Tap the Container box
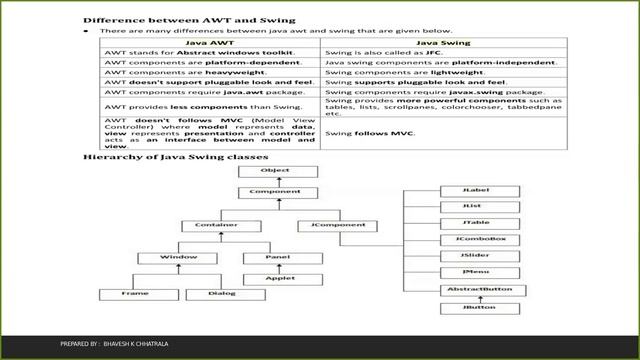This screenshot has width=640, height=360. [x=208, y=226]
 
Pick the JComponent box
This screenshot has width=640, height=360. [x=339, y=226]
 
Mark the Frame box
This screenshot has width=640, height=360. [x=136, y=294]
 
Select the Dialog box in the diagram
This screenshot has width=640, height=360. [x=222, y=294]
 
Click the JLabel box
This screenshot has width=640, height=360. [x=475, y=189]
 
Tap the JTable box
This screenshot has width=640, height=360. [x=475, y=223]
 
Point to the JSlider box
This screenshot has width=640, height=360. [x=475, y=256]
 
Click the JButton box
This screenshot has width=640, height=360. [x=475, y=307]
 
